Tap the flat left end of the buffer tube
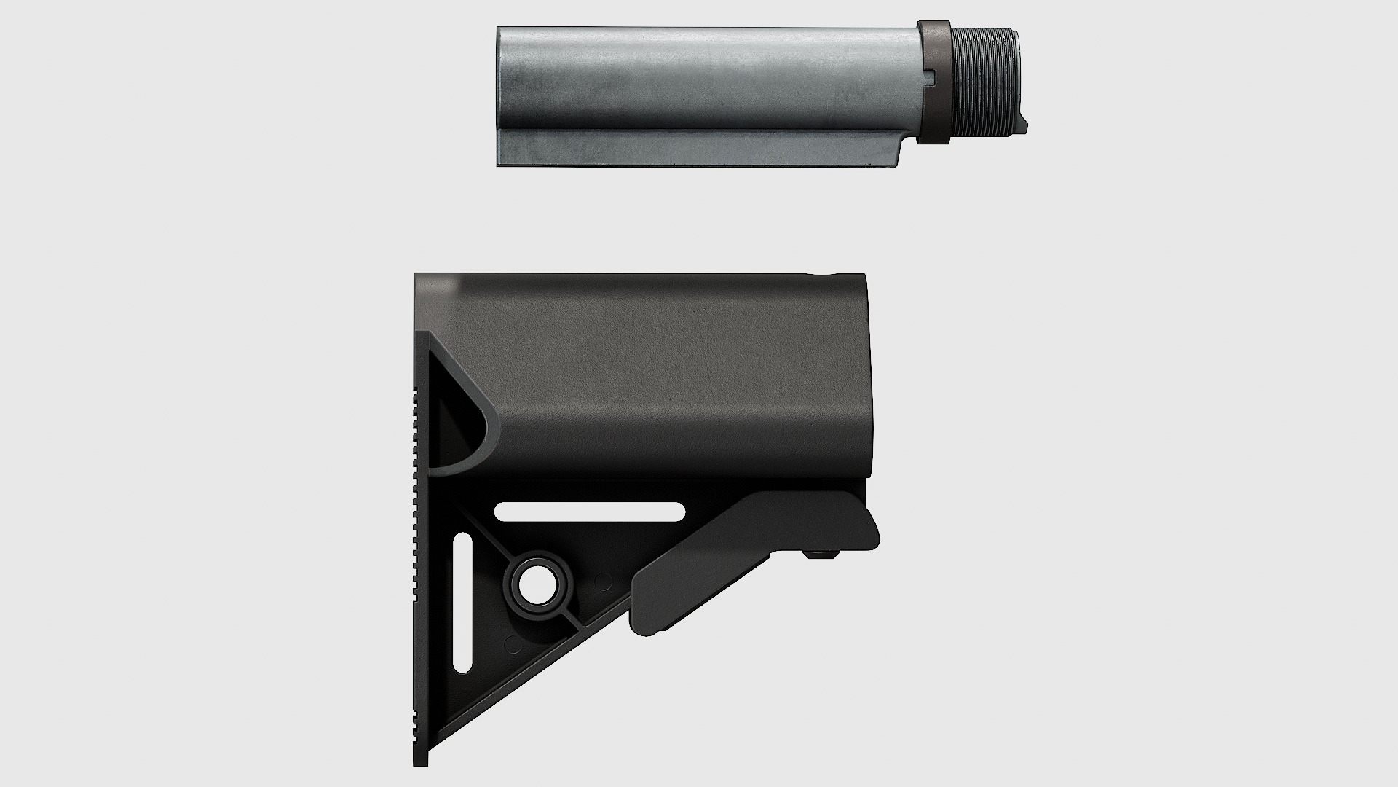[499, 95]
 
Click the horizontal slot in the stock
[590, 512]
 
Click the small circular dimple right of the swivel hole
[603, 582]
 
